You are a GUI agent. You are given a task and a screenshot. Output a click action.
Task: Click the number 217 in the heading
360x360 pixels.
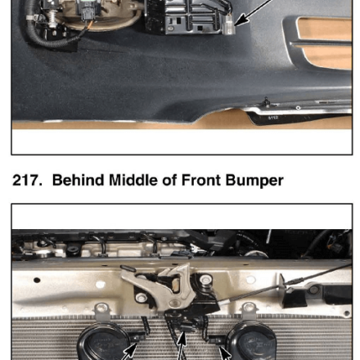coord(27,180)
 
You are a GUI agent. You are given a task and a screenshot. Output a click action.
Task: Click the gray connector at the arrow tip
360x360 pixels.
coord(229,25)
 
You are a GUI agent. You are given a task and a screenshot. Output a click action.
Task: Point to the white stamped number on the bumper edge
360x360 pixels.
coord(273,118)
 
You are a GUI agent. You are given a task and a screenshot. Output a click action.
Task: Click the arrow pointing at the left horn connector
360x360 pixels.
coord(128,352)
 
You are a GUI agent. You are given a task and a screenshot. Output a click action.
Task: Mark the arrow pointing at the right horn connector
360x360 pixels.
coord(225,353)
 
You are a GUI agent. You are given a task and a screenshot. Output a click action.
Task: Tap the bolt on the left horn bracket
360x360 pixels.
coord(101,308)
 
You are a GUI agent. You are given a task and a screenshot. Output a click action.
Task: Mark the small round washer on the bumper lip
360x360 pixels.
coord(298,108)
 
